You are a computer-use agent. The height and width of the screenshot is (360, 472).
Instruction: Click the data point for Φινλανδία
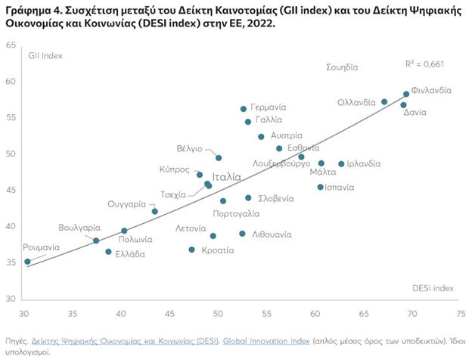[x=406, y=94]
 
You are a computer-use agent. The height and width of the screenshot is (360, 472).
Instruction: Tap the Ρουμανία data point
[x=27, y=262]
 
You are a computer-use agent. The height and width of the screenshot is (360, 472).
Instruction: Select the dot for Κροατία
[x=191, y=250]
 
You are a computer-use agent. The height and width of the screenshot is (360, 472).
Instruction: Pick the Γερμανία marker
[x=243, y=109]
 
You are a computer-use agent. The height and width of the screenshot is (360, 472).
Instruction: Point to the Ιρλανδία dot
[x=341, y=163]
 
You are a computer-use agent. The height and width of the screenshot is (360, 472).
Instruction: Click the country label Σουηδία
[x=341, y=67]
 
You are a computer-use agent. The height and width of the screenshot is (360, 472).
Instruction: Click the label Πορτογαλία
[x=239, y=214]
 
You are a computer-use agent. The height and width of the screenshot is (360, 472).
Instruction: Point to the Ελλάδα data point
[x=108, y=251]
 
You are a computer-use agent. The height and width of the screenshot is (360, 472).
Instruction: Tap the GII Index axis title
[x=45, y=56]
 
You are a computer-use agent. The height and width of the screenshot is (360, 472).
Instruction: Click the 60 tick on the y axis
[x=11, y=81]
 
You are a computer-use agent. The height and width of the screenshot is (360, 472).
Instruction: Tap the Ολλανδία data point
[x=384, y=101]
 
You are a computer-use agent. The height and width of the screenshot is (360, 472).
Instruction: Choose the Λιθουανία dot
[x=242, y=234]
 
